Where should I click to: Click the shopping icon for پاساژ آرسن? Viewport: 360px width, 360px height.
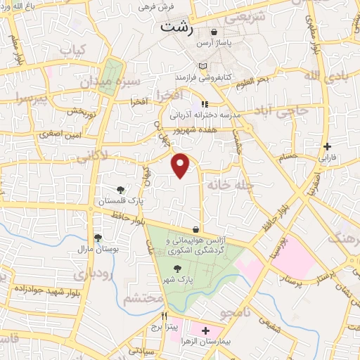coord(214,32)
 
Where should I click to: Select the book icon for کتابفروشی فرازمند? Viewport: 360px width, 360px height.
coord(204,67)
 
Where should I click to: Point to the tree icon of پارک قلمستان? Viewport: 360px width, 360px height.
coord(121,190)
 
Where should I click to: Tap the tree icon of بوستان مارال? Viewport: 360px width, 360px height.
coord(98,238)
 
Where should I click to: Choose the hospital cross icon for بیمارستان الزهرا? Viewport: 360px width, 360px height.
coord(205,330)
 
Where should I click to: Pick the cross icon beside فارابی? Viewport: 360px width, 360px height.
coord(327,147)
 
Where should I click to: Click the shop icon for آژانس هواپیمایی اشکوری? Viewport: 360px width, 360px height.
coord(195,230)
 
